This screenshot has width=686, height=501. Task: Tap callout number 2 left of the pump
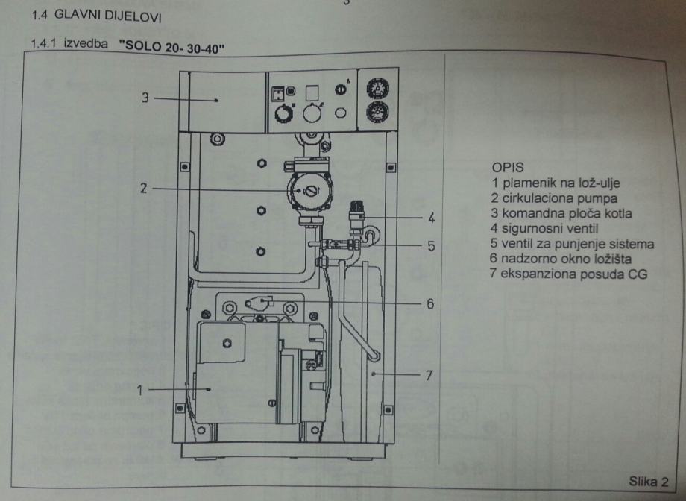tap(142, 189)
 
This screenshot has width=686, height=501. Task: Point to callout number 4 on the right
tap(431, 218)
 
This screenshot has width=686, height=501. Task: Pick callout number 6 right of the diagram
tap(431, 304)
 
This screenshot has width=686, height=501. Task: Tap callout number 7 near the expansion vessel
tap(429, 375)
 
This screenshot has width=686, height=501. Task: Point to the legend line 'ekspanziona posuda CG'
tap(570, 274)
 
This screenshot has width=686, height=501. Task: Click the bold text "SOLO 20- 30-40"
tap(172, 48)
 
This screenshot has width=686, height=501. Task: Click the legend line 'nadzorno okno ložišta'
tap(561, 259)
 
